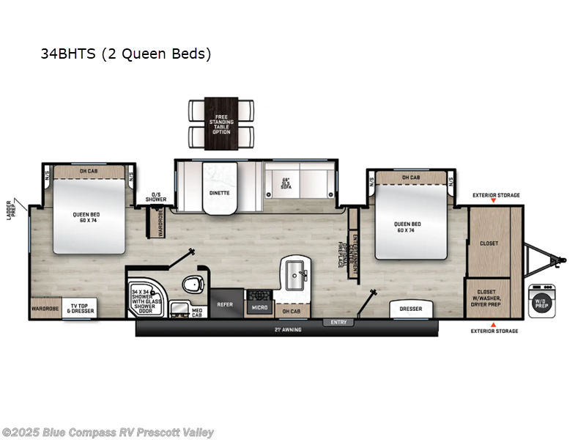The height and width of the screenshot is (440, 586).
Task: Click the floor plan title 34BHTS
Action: (124, 54)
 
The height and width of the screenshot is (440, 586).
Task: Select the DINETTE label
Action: (220, 193)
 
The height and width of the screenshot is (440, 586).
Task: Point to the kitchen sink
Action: (297, 274)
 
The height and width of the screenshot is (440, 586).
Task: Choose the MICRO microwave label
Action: (259, 308)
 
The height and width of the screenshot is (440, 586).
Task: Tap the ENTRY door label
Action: (338, 322)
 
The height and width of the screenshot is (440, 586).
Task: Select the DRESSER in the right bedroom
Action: (410, 309)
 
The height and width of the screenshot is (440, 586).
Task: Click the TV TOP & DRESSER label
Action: (82, 309)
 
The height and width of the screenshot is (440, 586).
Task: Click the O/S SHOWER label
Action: (155, 197)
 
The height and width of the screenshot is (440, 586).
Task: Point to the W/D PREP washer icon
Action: (542, 301)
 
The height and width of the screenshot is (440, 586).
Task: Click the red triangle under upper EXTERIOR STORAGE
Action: (494, 201)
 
